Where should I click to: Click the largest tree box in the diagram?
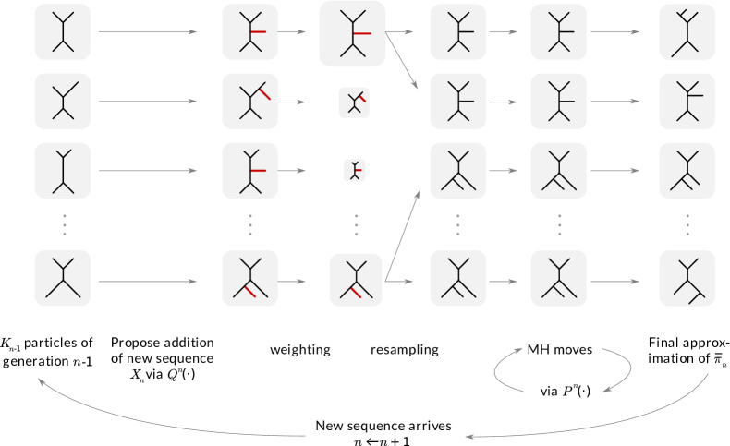tap(352, 33)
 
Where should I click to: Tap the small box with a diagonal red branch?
tap(354, 102)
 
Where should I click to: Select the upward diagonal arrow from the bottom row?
tap(403, 235)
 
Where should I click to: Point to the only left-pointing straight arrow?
tap(504, 281)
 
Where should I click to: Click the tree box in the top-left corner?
tap(63, 32)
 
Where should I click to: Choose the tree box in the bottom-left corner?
tap(63, 278)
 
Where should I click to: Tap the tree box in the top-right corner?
tap(687, 32)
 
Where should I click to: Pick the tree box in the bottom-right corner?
tap(687, 278)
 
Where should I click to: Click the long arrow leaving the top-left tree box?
tap(148, 32)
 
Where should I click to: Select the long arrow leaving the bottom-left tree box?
tap(148, 281)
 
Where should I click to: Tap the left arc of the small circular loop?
tap(499, 369)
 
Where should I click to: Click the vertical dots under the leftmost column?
tap(63, 224)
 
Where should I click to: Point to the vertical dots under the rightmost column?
tap(687, 224)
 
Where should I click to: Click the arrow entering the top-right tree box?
tap(614, 32)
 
